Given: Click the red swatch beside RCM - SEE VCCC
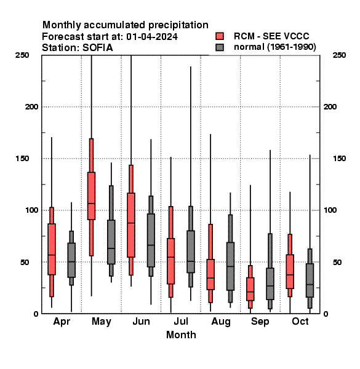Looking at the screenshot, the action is click(x=220, y=36).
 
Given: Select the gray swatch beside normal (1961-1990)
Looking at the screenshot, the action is click(x=220, y=47).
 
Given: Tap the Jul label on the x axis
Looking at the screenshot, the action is click(x=181, y=322).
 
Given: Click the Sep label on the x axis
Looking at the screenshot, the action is click(x=260, y=322).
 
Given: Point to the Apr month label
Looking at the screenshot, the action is click(x=62, y=322).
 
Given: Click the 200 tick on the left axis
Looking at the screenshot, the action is click(x=31, y=107).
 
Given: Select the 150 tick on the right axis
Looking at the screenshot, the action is click(x=339, y=159).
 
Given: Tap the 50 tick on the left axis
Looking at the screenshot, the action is click(x=25, y=262).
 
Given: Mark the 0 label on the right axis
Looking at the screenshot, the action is click(x=326, y=314).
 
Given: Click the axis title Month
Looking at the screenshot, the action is click(x=181, y=335).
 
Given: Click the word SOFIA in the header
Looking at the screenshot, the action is click(x=98, y=48).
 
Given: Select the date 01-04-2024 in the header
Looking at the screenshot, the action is click(x=152, y=37).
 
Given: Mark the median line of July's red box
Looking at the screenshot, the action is click(x=170, y=257).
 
